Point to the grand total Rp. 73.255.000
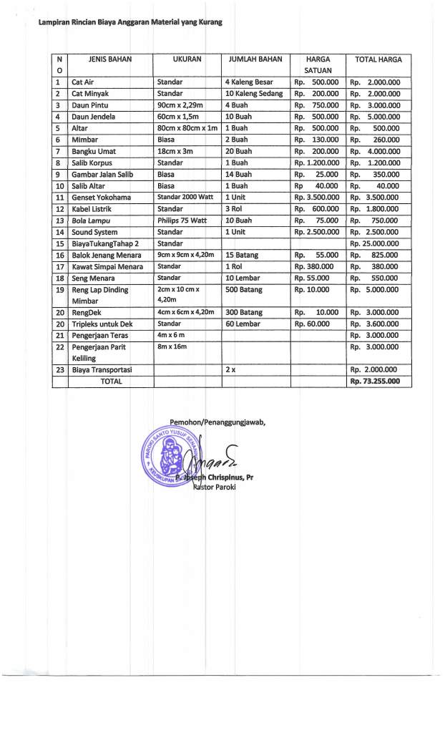374,382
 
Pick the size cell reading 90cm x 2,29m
180,105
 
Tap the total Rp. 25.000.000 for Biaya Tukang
374,243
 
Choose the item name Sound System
97,232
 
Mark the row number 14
59,232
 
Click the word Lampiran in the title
44,22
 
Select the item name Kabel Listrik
96,208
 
